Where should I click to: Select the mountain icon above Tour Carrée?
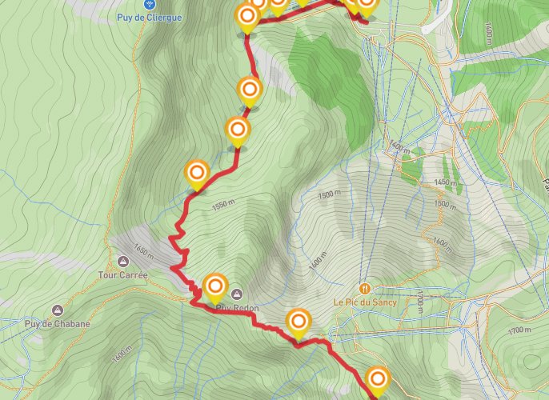[122, 262]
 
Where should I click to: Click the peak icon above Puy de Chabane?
[57, 310]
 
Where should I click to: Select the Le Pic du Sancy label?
[365, 302]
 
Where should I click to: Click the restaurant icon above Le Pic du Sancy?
[365, 288]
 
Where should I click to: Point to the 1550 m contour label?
[226, 206]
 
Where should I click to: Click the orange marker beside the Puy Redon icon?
[215, 286]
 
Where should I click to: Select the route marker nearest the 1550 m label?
[197, 172]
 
